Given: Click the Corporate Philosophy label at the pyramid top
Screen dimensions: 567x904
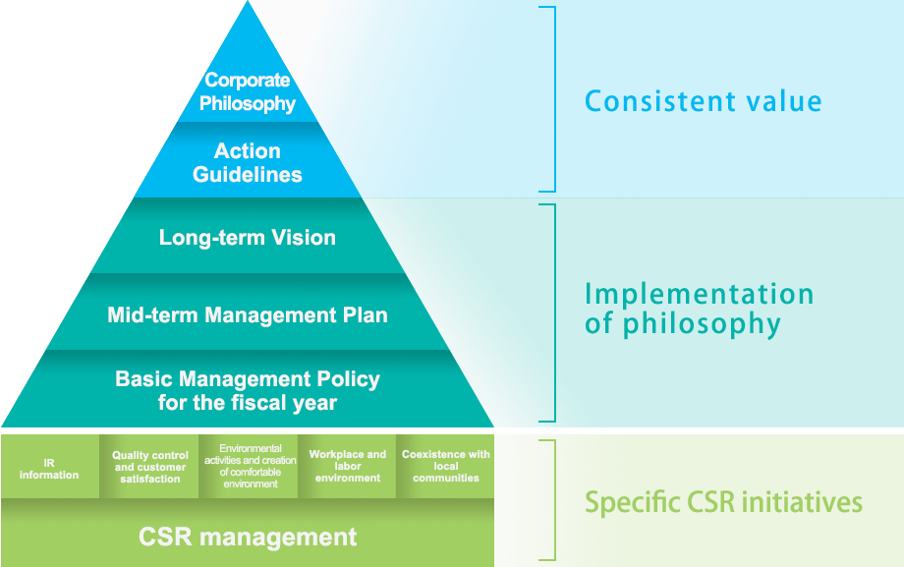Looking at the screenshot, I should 248,91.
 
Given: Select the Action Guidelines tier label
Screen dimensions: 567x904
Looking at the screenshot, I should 248,163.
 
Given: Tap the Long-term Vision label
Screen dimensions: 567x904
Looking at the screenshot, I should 248,238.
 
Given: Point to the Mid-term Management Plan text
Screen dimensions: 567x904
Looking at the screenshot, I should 248,315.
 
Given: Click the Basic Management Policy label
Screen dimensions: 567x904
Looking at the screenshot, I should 248,390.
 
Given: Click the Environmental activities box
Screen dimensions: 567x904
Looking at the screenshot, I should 250,466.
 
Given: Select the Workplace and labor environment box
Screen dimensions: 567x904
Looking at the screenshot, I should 348,466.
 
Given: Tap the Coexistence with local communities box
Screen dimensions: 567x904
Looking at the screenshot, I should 446,466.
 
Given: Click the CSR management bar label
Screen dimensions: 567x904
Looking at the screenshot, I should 248,537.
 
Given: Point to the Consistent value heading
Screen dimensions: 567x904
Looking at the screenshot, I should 704,101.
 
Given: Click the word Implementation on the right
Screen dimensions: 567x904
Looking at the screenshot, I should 699,294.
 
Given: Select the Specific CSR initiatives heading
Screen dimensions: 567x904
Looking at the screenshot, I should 723,503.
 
